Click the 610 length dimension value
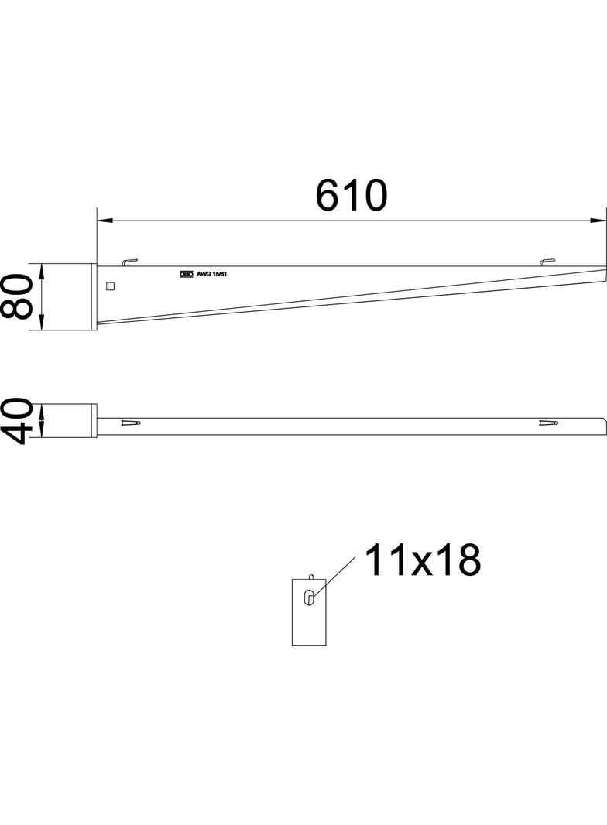[x=351, y=195]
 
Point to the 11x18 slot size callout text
[x=422, y=560]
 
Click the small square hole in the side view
[x=110, y=286]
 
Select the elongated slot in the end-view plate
[x=309, y=598]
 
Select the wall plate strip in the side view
[x=94, y=298]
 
